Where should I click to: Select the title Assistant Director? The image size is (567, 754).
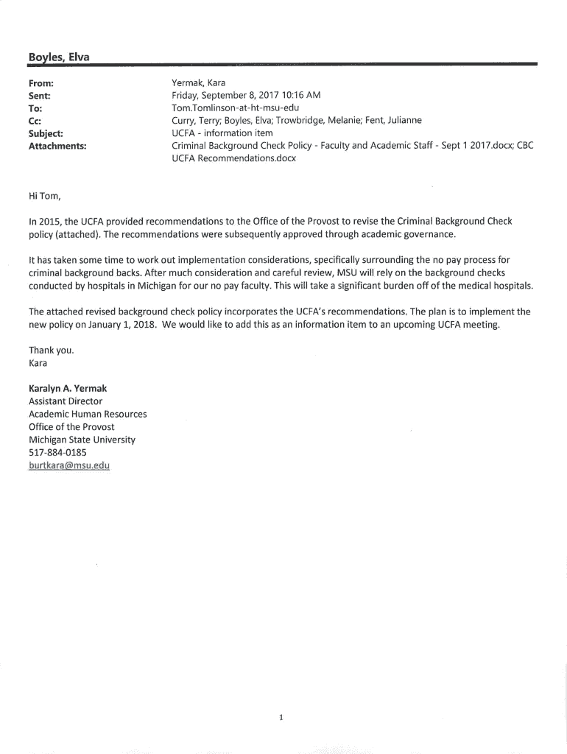[x=66, y=401]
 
